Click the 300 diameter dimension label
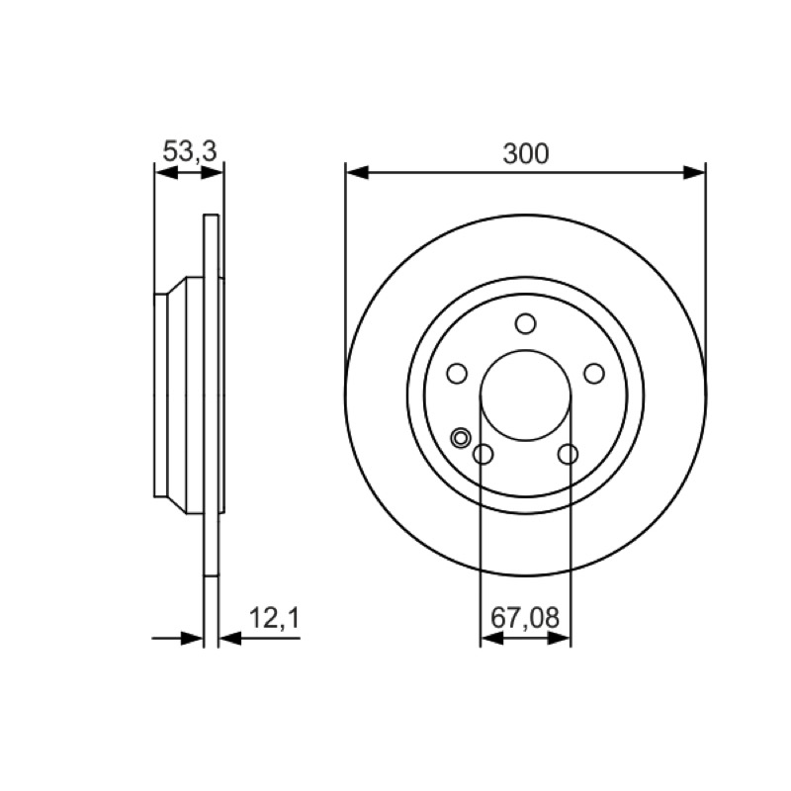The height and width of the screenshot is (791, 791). point(526,153)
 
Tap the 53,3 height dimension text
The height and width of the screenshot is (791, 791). point(190,151)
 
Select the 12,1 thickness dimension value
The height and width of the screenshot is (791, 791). point(275,618)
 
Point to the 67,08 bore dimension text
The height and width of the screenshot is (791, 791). point(525,617)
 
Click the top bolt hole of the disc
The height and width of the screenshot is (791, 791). point(526,323)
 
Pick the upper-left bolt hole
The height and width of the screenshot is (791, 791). point(457,374)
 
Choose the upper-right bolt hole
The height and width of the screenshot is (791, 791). point(594,374)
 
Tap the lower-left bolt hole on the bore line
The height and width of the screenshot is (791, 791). point(483,454)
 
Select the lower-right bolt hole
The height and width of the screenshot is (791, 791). point(568,454)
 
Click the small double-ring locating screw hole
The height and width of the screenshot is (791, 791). point(461,437)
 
